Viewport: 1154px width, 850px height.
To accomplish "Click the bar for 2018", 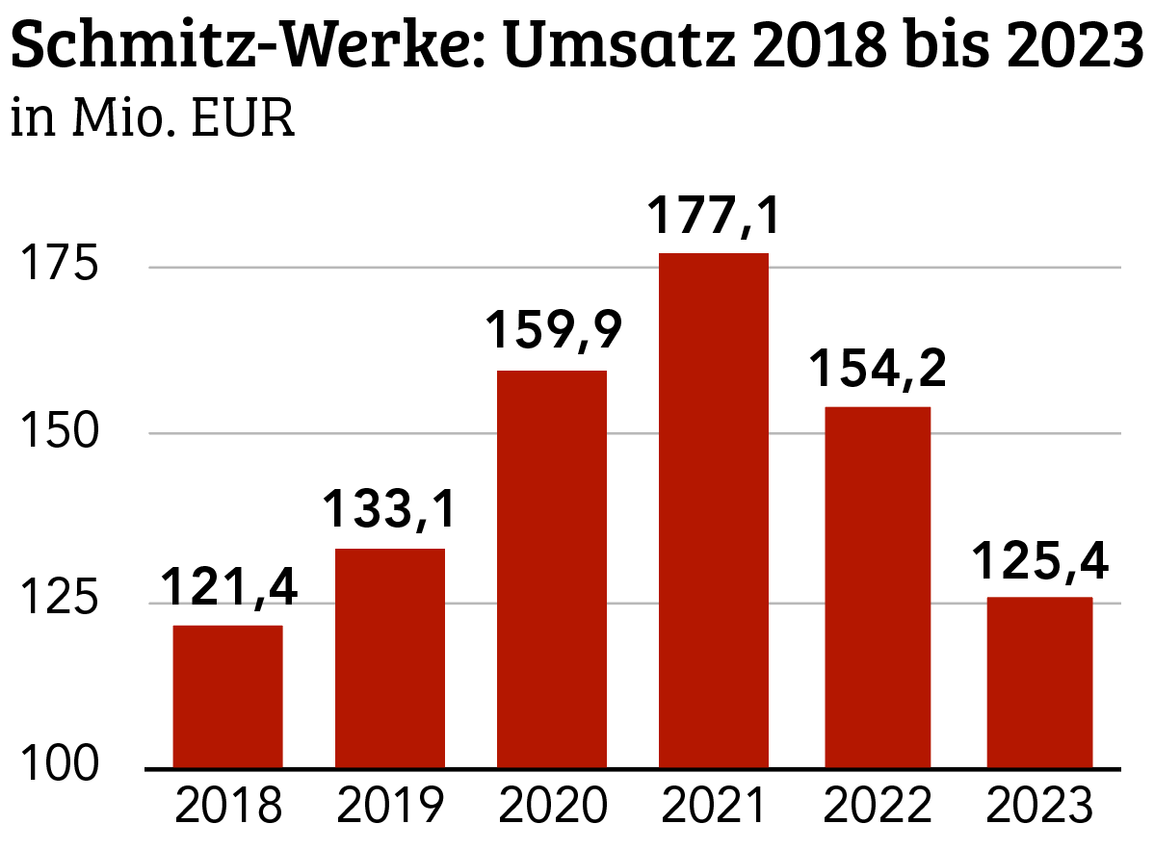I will tap(227, 697).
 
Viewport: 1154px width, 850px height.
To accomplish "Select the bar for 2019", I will tap(389, 658).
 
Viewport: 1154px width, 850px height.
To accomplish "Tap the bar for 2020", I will tap(551, 570).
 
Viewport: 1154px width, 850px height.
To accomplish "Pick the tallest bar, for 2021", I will tap(713, 510).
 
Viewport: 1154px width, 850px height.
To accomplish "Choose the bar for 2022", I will tap(876, 587).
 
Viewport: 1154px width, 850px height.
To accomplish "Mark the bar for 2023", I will tap(1037, 683).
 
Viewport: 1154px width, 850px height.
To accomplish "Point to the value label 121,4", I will tap(227, 586).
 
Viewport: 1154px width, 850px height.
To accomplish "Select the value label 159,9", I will tap(551, 330).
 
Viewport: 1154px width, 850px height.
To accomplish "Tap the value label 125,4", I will tap(1037, 560).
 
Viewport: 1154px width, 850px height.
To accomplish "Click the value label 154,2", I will tap(876, 368).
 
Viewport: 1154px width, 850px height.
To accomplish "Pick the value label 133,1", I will tap(389, 509).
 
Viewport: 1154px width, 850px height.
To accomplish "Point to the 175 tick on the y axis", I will tap(63, 266).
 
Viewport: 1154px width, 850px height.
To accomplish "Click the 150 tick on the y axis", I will tap(63, 433).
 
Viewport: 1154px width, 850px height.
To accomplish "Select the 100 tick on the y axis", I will tap(63, 768).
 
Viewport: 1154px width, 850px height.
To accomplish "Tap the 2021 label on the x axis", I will tap(713, 807).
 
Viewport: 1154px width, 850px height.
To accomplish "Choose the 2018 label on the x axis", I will tap(227, 807).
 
